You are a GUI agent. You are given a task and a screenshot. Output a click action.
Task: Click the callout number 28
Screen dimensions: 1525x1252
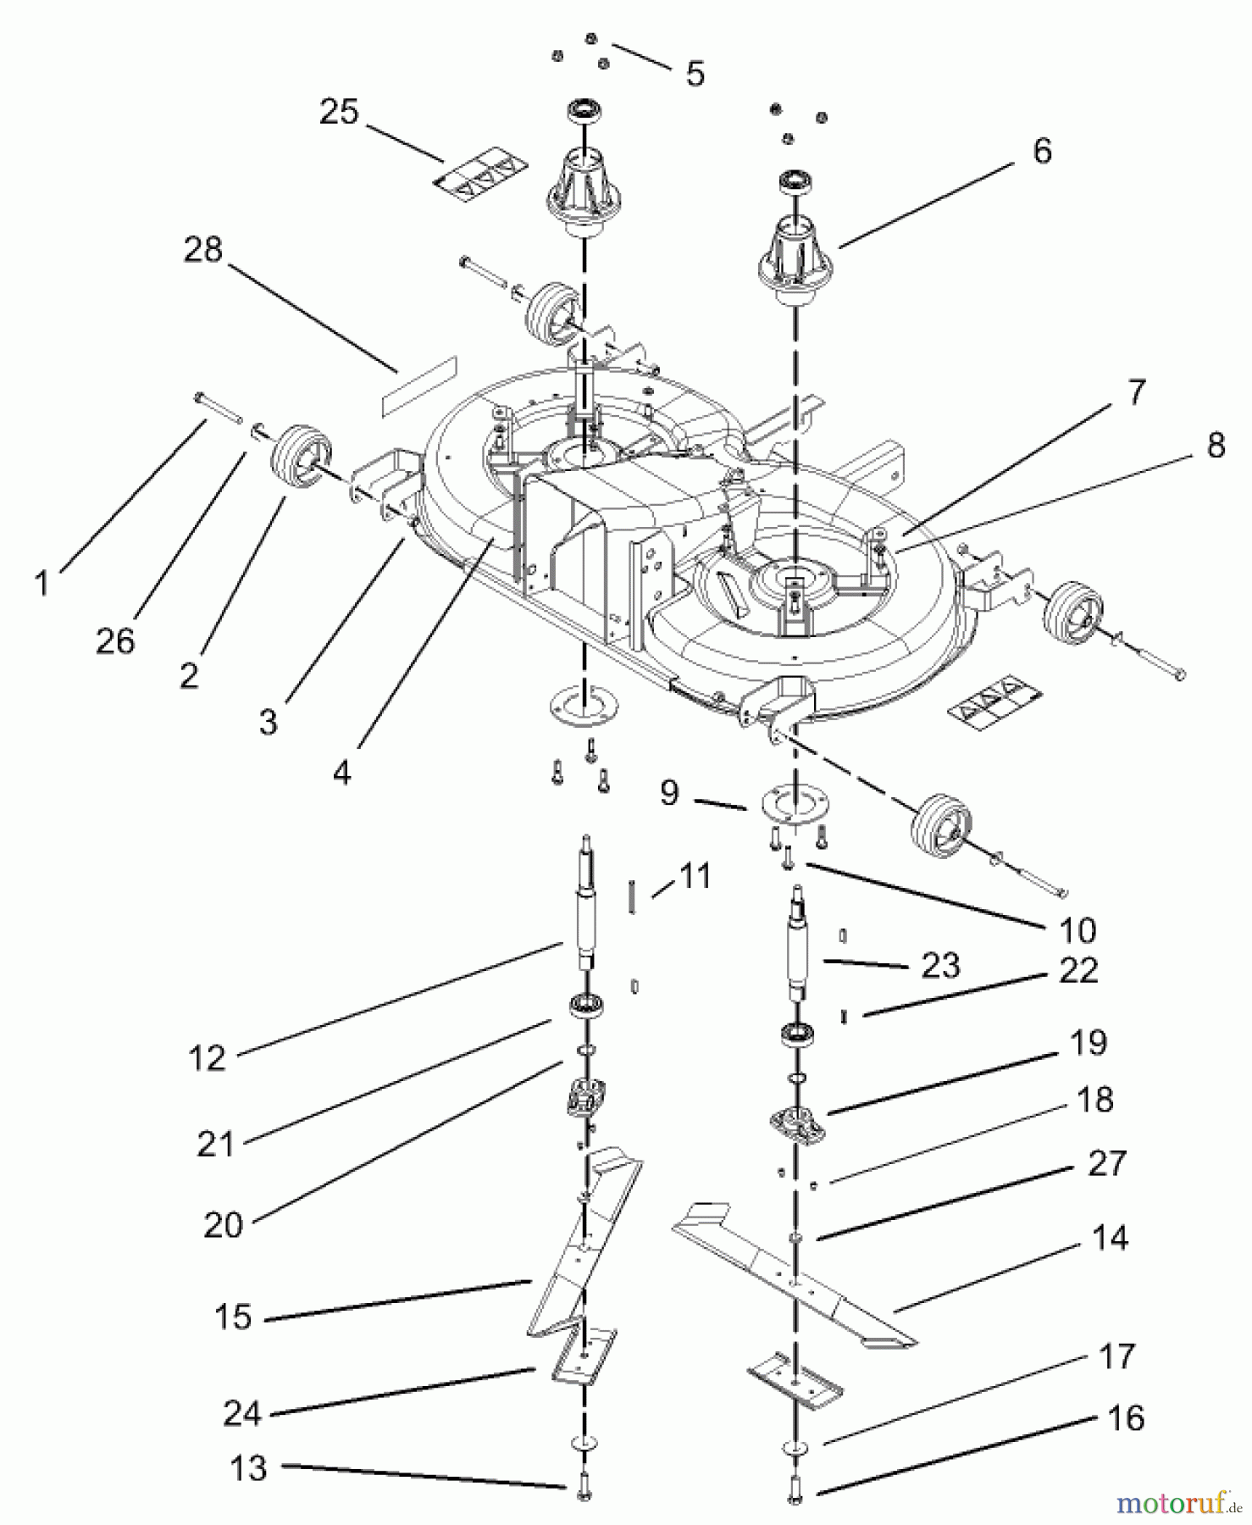pos(203,250)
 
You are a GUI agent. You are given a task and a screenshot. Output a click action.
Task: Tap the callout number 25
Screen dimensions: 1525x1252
pos(339,112)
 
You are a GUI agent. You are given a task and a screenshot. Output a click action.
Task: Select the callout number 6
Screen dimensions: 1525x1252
pos(1042,151)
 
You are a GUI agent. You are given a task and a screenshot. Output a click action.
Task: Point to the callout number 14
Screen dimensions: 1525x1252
pos(1110,1239)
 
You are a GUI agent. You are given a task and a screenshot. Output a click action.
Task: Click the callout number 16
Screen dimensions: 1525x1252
pos(1126,1417)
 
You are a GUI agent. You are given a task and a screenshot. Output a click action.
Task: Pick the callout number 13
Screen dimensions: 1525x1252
pos(248,1468)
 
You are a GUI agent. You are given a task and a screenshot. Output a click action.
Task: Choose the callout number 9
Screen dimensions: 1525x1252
pos(669,793)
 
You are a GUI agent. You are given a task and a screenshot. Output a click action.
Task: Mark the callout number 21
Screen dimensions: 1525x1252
pos(215,1144)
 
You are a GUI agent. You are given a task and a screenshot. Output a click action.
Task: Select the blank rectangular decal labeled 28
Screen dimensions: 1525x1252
pos(418,386)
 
